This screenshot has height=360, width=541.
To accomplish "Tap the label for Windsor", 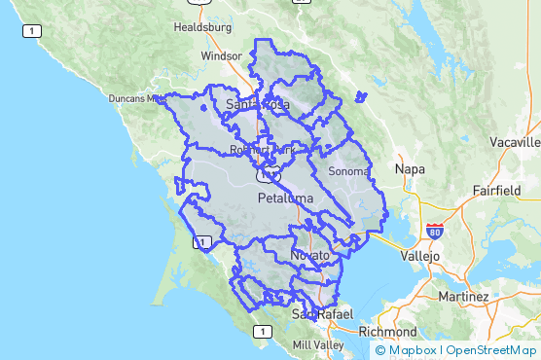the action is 220,56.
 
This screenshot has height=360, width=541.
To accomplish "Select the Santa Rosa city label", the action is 257,104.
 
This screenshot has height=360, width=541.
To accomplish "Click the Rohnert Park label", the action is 262,151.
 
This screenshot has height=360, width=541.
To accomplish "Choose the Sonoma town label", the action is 349,171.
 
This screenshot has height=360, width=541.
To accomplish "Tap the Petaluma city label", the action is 286,198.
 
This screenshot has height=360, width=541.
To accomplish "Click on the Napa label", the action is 410,169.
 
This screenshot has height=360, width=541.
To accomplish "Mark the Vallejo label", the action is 420,255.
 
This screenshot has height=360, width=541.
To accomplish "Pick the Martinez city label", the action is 463,296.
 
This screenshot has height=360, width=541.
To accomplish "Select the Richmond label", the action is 387,331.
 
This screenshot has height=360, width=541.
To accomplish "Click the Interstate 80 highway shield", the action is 434,232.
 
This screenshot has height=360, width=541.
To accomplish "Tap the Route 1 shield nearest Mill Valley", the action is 261,332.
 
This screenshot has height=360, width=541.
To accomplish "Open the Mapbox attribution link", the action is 408,350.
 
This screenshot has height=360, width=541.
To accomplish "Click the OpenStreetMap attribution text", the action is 491,350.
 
